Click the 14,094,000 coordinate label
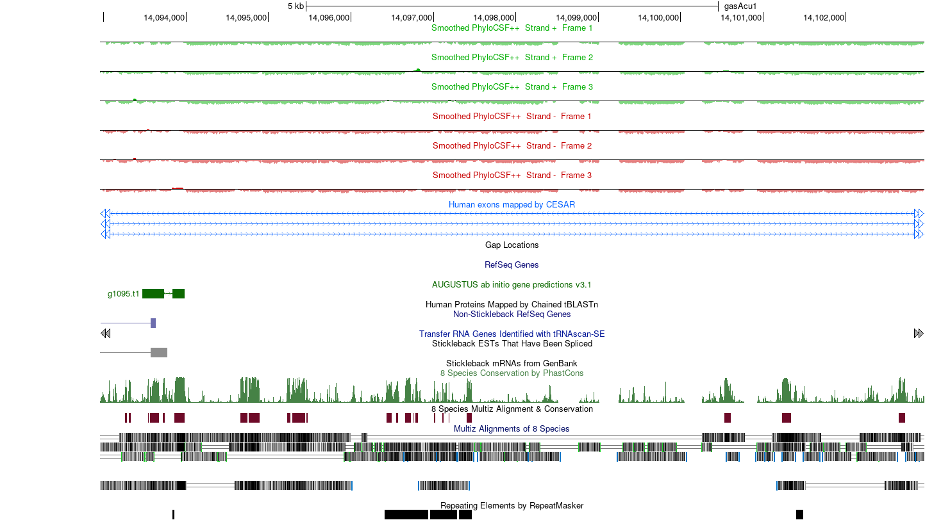[x=164, y=18]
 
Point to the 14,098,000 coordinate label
[x=494, y=18]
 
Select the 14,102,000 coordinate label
[x=824, y=18]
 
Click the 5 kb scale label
[x=296, y=6]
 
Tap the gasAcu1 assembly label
[x=740, y=6]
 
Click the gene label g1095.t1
[x=123, y=294]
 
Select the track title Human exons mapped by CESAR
[x=512, y=205]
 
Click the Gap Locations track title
[x=512, y=245]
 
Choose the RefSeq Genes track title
[x=512, y=265]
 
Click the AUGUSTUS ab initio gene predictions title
[x=512, y=285]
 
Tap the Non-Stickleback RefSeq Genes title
[x=512, y=314]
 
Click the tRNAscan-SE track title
[x=512, y=334]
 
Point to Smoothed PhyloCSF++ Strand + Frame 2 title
[x=512, y=58]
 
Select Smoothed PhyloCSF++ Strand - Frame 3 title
[x=512, y=175]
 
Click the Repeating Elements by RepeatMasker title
[x=512, y=505]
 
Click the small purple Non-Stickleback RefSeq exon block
[x=153, y=323]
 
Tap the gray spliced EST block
[x=159, y=352]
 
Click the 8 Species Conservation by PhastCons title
[x=512, y=373]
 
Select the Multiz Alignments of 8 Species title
[x=512, y=429]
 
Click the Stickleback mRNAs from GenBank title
[x=512, y=364]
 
